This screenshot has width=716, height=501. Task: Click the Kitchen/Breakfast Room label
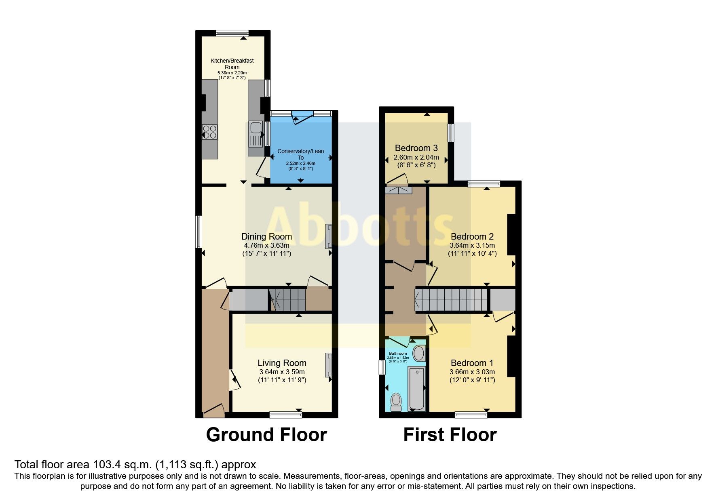[x=232, y=63]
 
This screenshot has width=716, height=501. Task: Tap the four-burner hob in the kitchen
[x=210, y=132]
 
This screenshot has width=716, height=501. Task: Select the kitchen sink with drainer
[x=256, y=134]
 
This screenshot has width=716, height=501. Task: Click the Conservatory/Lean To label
[x=300, y=154]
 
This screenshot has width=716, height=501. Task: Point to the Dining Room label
[x=266, y=237]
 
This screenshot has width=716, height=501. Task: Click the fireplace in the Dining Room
[x=328, y=236]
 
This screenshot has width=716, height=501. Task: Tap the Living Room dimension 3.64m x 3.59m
[x=282, y=372]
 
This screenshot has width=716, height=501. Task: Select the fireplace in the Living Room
[x=328, y=365]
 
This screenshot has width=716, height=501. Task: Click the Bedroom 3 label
[x=416, y=148]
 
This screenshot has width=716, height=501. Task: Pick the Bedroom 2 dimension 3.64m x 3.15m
[x=472, y=245]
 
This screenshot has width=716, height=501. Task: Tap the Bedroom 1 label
[x=472, y=363]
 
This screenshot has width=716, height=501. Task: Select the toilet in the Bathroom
[x=396, y=402]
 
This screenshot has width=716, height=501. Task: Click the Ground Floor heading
[x=266, y=435]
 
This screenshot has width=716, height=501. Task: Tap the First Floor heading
[x=450, y=435]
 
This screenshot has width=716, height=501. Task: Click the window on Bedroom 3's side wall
[x=450, y=133]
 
